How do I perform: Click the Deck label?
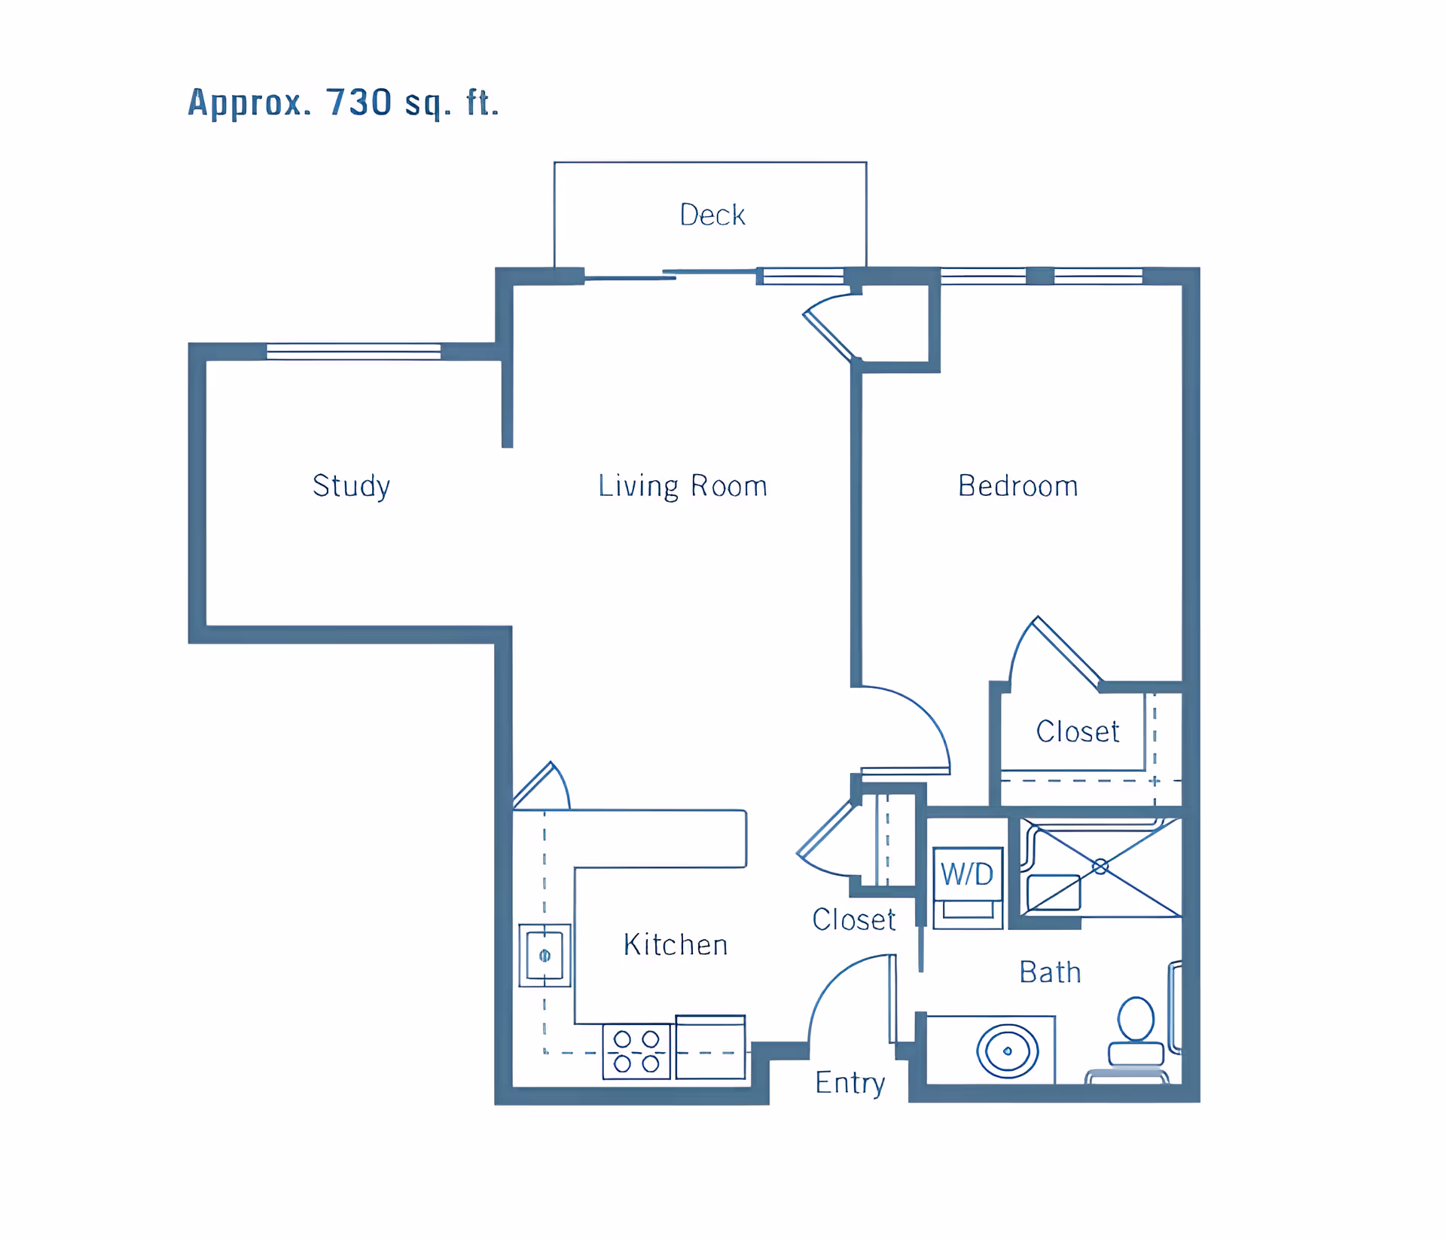pyautogui.click(x=712, y=215)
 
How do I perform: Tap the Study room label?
pyautogui.click(x=352, y=486)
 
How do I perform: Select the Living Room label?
pyautogui.click(x=683, y=486)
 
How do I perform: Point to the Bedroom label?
pyautogui.click(x=1018, y=486)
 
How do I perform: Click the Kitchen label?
pyautogui.click(x=676, y=944)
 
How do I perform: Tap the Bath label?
pyautogui.click(x=1051, y=972)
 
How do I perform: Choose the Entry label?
pyautogui.click(x=850, y=1083)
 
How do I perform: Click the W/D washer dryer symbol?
pyautogui.click(x=968, y=888)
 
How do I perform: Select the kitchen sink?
pyautogui.click(x=545, y=956)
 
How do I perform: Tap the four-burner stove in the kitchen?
pyautogui.click(x=636, y=1051)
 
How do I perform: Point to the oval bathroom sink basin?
pyautogui.click(x=1008, y=1051)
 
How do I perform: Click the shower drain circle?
pyautogui.click(x=1100, y=867)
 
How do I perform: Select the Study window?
pyautogui.click(x=353, y=351)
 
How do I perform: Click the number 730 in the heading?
pyautogui.click(x=359, y=102)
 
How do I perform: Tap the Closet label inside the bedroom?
pyautogui.click(x=1078, y=731)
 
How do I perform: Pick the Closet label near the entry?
pyautogui.click(x=854, y=919)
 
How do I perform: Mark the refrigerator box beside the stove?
pyautogui.click(x=710, y=1048)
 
